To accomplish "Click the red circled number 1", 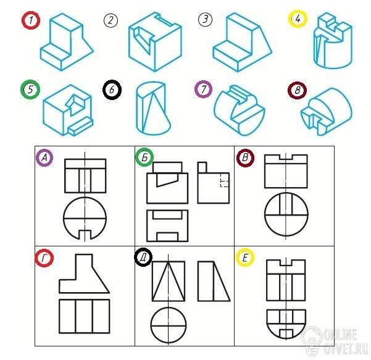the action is [31, 20].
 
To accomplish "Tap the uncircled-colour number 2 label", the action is [110, 20].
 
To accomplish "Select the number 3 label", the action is [205, 19].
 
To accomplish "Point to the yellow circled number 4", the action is [298, 19].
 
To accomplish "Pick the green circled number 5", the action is [30, 90].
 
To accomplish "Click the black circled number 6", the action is [112, 90].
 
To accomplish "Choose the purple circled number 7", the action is [204, 89].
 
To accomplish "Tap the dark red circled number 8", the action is [297, 90].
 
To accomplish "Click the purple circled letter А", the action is [44, 157].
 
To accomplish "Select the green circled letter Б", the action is [144, 157].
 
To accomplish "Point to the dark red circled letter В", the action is [245, 157].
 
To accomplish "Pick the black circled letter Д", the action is [143, 257].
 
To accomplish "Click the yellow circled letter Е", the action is [245, 257].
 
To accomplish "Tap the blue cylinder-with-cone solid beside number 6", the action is [153, 108].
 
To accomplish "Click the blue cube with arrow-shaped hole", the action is [68, 110].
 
